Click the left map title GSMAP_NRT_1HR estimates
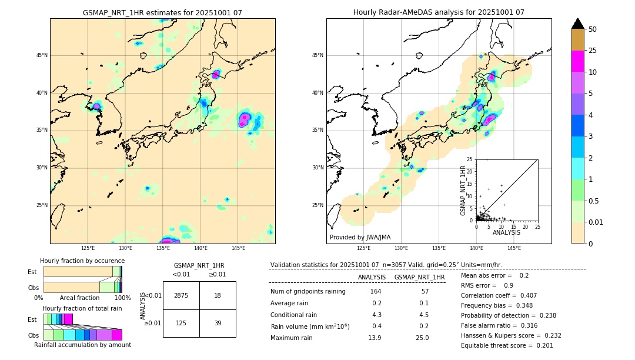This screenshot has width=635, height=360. click(162, 12)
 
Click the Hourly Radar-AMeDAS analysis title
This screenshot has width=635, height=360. click(439, 12)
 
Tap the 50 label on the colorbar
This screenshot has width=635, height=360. click(593, 29)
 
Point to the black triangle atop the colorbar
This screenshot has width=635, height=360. click(578, 24)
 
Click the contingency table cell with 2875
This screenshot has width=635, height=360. click(181, 295)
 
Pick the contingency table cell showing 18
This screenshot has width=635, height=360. click(218, 295)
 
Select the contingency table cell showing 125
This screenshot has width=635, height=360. click(181, 323)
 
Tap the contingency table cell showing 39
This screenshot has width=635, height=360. click(218, 323)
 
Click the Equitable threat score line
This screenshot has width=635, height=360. click(507, 345)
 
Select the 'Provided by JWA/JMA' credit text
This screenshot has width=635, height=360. click(360, 238)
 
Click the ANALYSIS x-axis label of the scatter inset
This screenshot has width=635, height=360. click(506, 232)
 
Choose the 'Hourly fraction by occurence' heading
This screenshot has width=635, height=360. click(82, 261)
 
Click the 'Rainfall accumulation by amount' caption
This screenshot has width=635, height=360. click(82, 345)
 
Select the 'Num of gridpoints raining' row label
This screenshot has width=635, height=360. click(308, 292)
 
